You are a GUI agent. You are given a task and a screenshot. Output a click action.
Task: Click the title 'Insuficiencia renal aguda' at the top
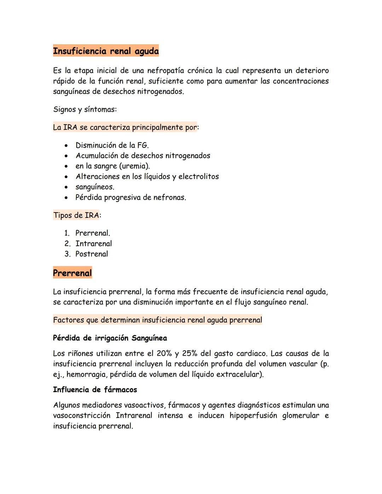(106, 51)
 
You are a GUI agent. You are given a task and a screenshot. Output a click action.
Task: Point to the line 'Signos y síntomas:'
(85, 109)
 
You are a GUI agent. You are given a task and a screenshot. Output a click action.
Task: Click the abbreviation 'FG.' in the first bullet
(143, 145)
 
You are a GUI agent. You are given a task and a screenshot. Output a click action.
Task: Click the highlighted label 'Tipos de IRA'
(76, 215)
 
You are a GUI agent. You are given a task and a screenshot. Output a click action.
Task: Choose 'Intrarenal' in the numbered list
(93, 244)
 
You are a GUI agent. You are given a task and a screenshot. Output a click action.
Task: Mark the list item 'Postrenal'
(92, 254)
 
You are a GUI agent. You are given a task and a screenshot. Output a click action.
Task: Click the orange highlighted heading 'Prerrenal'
(72, 273)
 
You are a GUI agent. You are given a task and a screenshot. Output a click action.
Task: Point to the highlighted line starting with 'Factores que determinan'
(157, 320)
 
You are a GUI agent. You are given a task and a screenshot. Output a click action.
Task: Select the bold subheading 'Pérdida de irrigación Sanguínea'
(110, 338)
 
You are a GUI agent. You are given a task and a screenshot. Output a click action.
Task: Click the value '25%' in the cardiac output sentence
(190, 353)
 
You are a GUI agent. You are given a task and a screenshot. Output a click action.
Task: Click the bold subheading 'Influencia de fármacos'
(95, 390)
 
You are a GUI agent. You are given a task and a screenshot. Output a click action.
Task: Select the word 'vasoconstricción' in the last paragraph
(81, 415)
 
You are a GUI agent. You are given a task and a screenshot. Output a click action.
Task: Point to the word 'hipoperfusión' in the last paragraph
(253, 415)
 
